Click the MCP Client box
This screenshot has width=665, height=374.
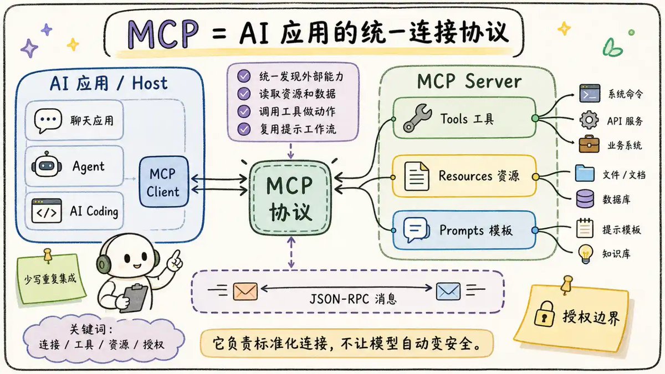point(164,182)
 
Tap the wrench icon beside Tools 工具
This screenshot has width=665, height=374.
point(417,118)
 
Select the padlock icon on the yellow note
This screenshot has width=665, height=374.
point(544,314)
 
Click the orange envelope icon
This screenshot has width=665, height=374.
point(245,291)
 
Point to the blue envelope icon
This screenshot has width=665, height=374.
point(448,291)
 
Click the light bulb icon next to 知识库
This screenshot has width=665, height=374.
point(585,254)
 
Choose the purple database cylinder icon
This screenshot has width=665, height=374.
point(585,198)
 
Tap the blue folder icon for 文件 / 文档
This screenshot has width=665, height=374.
point(585,173)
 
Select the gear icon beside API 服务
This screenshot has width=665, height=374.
point(589,120)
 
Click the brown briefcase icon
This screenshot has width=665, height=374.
point(589,144)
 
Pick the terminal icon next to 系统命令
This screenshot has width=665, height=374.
point(590,93)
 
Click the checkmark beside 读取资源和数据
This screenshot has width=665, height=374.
point(244,94)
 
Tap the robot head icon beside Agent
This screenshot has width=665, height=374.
point(47,165)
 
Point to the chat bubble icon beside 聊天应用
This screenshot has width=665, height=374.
point(48,120)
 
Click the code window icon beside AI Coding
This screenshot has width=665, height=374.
point(47,211)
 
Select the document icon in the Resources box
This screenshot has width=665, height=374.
point(417,176)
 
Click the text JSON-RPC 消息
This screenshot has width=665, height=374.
point(352,299)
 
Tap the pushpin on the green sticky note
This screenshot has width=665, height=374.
point(48,255)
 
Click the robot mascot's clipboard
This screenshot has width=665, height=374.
point(135,298)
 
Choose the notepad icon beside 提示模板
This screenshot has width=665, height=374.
point(585,228)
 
